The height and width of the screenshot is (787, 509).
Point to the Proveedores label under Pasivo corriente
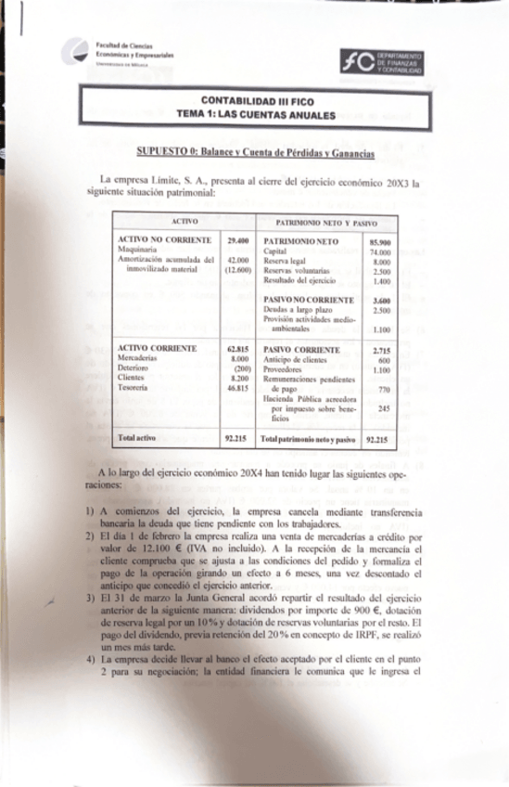285,368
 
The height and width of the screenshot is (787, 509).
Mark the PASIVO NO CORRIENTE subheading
309,300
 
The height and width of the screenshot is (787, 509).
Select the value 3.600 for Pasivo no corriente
377,300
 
